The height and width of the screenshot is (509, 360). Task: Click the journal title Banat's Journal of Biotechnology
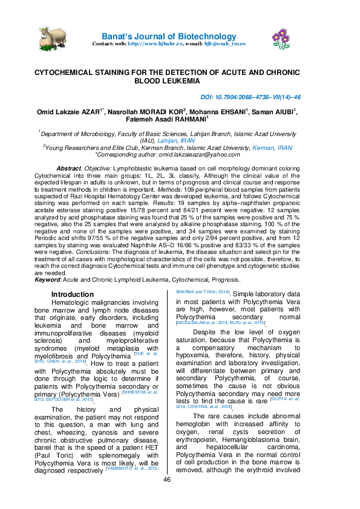pos(169,36)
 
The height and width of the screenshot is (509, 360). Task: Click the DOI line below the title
pos(250,97)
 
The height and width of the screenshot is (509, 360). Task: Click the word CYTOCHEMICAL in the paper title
pos(64,71)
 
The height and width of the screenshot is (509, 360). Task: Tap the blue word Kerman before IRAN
pos(263,147)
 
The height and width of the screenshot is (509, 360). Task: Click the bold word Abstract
pos(68,167)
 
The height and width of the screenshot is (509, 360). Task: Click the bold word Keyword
pos(47,280)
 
